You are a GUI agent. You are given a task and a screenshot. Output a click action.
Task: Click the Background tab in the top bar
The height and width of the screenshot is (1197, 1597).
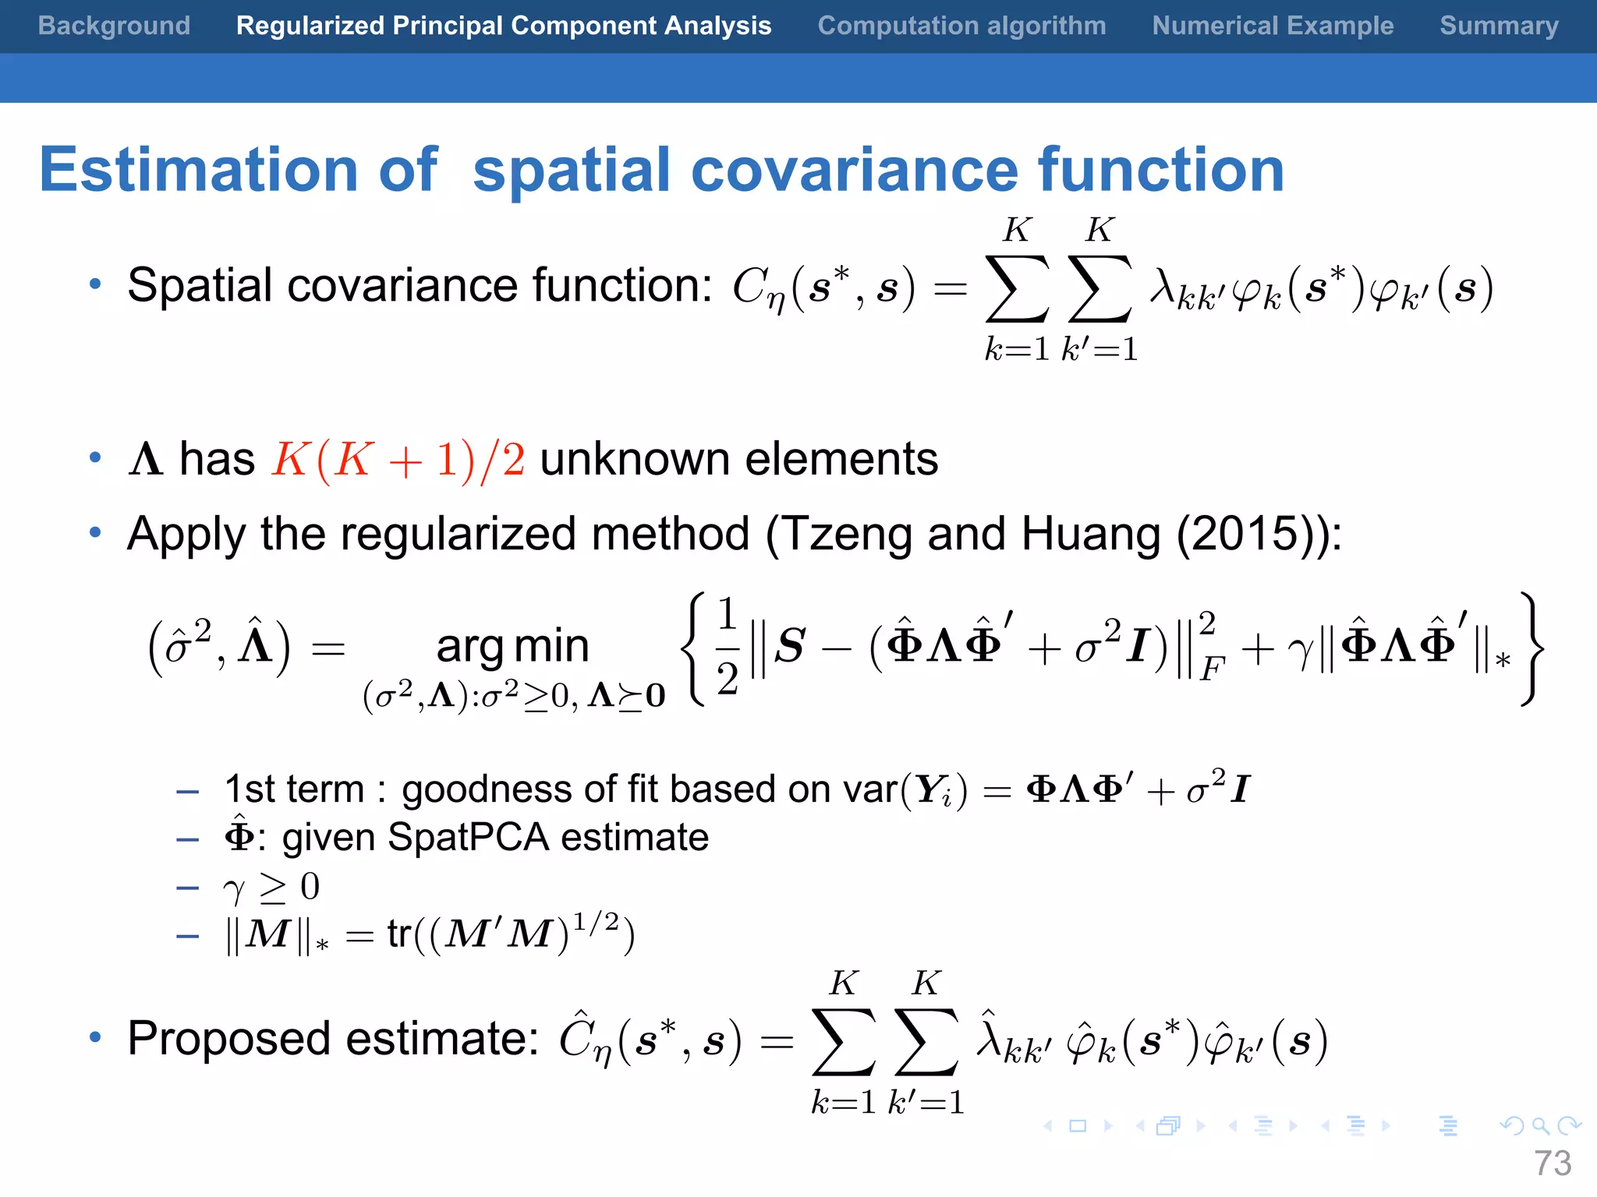[x=114, y=26]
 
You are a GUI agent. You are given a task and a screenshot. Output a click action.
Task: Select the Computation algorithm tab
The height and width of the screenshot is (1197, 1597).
[x=961, y=26]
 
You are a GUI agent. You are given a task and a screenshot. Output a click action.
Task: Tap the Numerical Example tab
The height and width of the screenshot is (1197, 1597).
[x=1273, y=26]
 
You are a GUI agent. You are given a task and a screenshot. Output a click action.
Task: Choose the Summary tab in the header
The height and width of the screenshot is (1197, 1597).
[x=1499, y=26]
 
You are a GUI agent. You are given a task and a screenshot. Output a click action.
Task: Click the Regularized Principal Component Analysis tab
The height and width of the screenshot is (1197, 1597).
[x=504, y=26]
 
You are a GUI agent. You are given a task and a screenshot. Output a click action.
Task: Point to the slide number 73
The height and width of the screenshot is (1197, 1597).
[x=1553, y=1163]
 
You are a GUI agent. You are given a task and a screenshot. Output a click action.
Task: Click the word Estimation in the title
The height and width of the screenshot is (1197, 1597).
[x=199, y=170]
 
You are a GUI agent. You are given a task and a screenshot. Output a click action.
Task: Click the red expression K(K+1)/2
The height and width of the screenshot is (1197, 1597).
[x=398, y=460]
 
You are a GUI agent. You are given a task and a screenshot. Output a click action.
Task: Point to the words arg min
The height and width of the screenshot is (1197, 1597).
[x=512, y=647]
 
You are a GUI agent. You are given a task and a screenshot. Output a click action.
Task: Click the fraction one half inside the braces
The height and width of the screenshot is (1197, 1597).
[x=727, y=647]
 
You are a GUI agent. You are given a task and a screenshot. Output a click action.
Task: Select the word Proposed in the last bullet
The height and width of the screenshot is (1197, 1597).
[x=228, y=1039]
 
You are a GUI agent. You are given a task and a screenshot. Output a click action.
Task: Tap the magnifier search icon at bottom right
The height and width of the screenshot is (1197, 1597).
[x=1540, y=1125]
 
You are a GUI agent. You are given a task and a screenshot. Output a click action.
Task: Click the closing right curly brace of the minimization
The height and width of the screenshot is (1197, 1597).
[x=1531, y=648]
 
